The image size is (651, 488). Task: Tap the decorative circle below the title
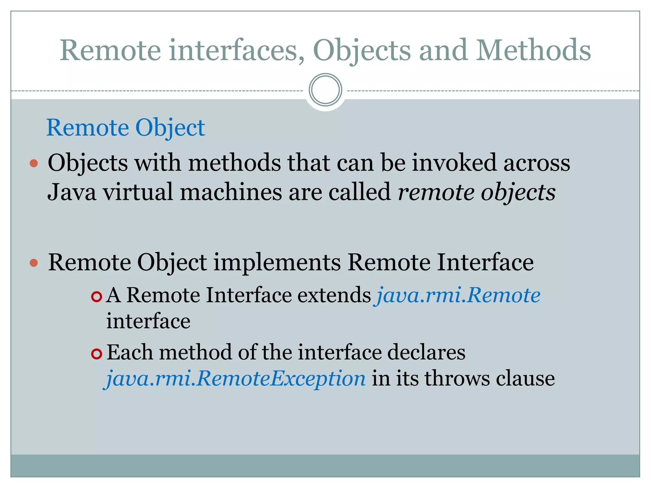[325, 90]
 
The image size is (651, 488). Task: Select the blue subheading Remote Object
[126, 128]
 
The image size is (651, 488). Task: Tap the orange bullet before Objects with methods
[34, 164]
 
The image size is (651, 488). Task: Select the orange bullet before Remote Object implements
[34, 263]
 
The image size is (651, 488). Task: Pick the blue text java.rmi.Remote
[458, 295]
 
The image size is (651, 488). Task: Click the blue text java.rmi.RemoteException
[236, 378]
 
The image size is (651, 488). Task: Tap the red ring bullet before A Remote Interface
[96, 297]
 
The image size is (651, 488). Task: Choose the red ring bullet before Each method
[96, 354]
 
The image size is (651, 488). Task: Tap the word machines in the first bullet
[231, 192]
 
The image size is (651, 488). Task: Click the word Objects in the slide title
[362, 51]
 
